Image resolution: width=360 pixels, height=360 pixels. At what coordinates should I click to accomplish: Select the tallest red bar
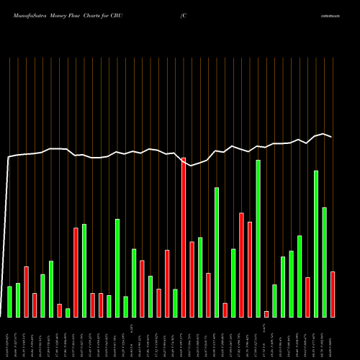tap(184, 238)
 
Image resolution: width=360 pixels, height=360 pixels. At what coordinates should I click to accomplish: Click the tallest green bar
tap(258, 238)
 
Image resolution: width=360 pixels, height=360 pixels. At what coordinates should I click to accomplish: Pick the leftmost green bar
tap(9, 302)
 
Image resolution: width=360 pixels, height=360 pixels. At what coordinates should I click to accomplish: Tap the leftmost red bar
tap(26, 292)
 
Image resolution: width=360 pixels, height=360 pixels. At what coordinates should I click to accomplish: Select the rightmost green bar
tap(325, 262)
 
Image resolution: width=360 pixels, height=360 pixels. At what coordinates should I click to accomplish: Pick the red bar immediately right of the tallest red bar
tap(192, 279)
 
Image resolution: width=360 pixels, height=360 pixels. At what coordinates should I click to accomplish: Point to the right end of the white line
tap(332, 137)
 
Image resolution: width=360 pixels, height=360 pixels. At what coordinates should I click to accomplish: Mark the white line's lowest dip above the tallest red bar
tap(192, 166)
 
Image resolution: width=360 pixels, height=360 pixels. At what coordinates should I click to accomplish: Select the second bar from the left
tap(18, 300)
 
